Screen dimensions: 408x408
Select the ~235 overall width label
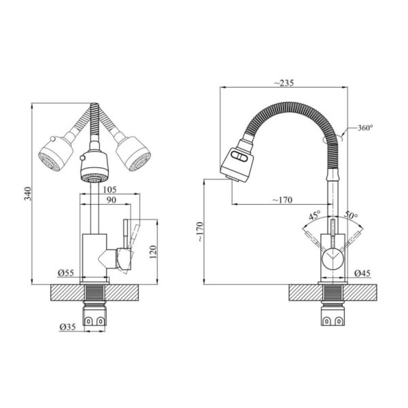pyautogui.click(x=284, y=83)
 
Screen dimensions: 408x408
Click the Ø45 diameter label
pyautogui.click(x=362, y=273)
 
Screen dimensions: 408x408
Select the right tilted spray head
pyautogui.click(x=134, y=154)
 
